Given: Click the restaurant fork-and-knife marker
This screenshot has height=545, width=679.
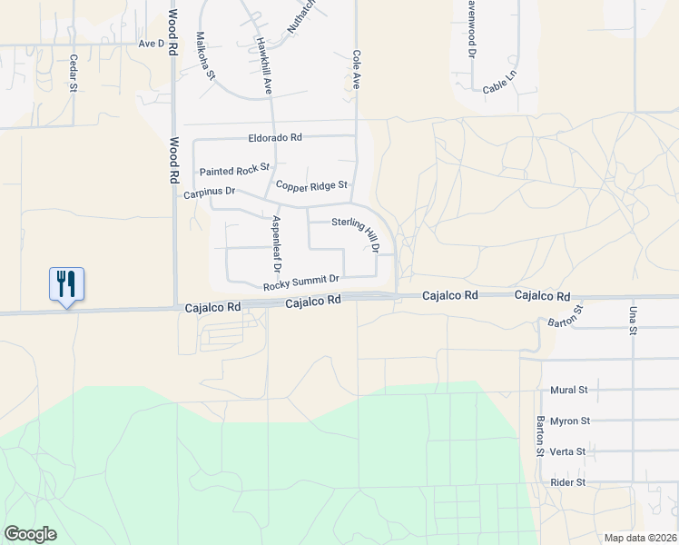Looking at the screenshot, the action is click(x=66, y=283).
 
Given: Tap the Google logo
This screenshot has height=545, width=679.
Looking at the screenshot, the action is click(x=30, y=534).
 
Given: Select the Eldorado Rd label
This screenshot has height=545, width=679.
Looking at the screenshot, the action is click(x=275, y=138).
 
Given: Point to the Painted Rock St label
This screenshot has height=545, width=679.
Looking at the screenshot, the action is click(x=235, y=170).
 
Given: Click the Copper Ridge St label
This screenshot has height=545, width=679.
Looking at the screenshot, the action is click(x=312, y=185).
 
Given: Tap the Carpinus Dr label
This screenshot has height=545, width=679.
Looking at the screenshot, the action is click(x=210, y=192).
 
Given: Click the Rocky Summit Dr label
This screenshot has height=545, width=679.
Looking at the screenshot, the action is click(x=301, y=283).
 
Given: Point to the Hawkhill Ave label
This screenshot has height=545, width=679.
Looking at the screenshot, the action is click(x=263, y=65).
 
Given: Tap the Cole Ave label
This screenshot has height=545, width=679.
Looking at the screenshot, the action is click(x=357, y=69).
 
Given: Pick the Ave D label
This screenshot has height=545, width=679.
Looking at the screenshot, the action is click(x=151, y=43).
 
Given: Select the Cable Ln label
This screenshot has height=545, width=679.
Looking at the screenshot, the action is click(x=499, y=85).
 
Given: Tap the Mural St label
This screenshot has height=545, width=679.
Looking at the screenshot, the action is click(x=569, y=390).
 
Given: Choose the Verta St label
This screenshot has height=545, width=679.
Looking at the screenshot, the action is click(x=568, y=451).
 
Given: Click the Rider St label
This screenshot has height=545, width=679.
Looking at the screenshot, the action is click(x=568, y=482).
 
